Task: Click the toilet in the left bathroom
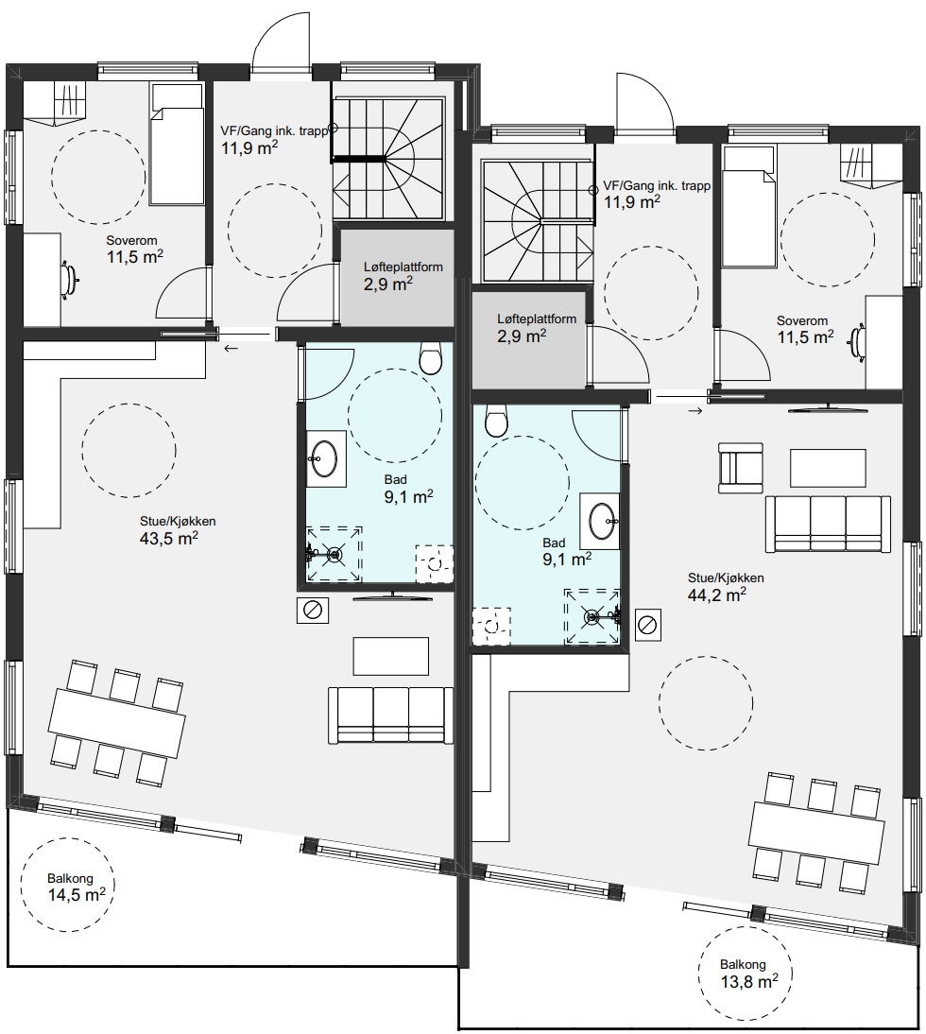pyautogui.click(x=430, y=358)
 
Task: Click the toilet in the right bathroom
pyautogui.click(x=496, y=420)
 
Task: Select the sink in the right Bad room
pyautogui.click(x=600, y=520)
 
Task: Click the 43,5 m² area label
pyautogui.click(x=169, y=538)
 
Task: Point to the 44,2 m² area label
pyautogui.click(x=717, y=595)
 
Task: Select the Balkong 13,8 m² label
pyautogui.click(x=749, y=974)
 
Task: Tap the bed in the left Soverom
pyautogui.click(x=176, y=144)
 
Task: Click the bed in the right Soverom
pyautogui.click(x=748, y=206)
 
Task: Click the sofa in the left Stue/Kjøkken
pyautogui.click(x=391, y=715)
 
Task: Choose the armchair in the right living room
pyautogui.click(x=741, y=468)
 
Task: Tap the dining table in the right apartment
pyautogui.click(x=816, y=833)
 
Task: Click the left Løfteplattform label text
pyautogui.click(x=403, y=267)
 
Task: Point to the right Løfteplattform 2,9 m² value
pyautogui.click(x=522, y=336)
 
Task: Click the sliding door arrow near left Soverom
pyautogui.click(x=231, y=348)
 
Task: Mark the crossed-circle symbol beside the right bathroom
pyautogui.click(x=648, y=625)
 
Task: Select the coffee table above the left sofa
pyautogui.click(x=391, y=656)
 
